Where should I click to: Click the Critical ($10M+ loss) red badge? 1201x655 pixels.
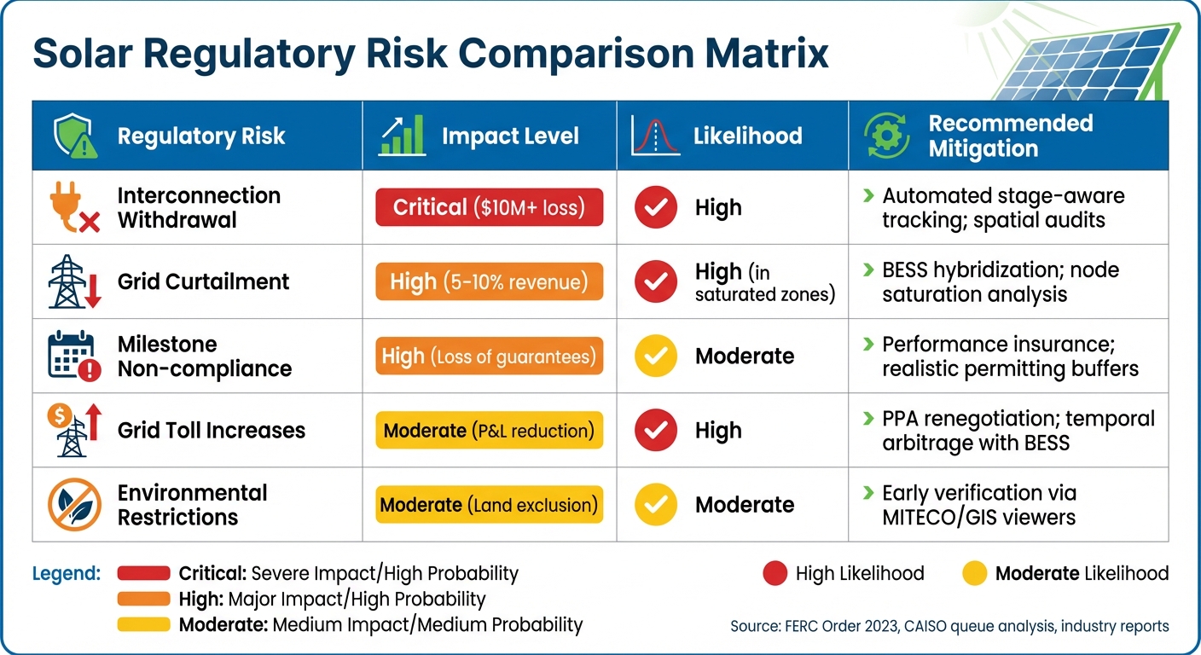(x=489, y=207)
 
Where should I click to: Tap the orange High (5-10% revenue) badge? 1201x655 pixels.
(x=489, y=281)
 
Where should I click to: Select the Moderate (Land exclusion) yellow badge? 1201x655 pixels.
(x=489, y=504)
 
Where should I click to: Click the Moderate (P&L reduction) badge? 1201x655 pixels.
(x=489, y=430)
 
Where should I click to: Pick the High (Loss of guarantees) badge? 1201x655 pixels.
(x=489, y=356)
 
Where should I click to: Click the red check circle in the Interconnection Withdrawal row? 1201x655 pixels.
(x=656, y=208)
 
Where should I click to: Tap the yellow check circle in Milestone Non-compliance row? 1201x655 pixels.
(x=656, y=356)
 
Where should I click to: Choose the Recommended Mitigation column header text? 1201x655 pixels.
(x=1009, y=136)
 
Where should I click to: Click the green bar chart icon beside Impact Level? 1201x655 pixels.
(x=403, y=136)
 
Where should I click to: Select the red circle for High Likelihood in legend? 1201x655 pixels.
(x=775, y=574)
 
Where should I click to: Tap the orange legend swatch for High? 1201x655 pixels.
(x=143, y=600)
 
